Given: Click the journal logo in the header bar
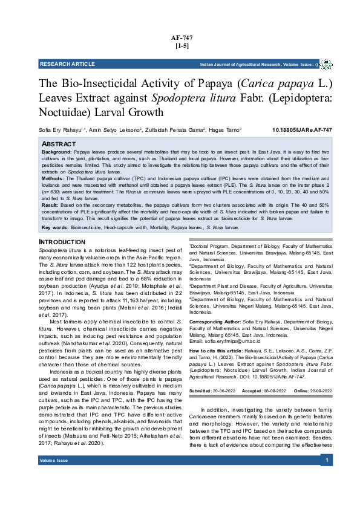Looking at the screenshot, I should (326, 63).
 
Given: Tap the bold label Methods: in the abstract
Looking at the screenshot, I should (52, 179).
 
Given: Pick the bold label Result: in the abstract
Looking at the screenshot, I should (50, 206).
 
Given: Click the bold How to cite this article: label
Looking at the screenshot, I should (220, 351).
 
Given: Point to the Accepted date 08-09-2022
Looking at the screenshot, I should (269, 392).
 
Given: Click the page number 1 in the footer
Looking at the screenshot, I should (327, 461).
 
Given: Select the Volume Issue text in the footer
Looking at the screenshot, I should (54, 461).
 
